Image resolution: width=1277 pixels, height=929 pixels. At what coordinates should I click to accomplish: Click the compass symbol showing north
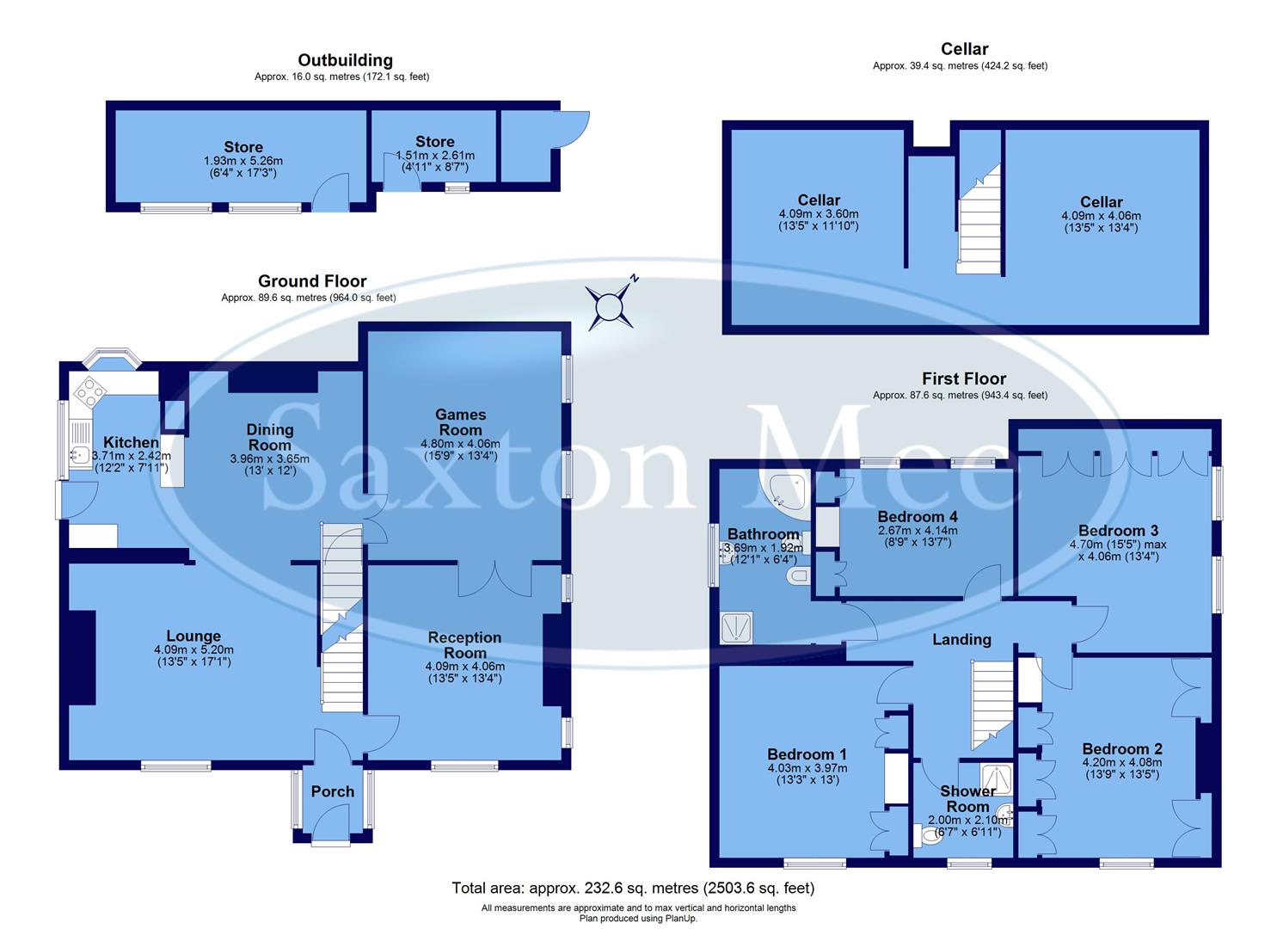pyautogui.click(x=611, y=306)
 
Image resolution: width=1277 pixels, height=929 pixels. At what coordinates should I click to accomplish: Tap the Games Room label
pyautogui.click(x=460, y=422)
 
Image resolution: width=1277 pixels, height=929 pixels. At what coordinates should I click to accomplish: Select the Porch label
pyautogui.click(x=332, y=791)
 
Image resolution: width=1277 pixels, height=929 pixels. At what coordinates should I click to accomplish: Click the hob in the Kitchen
pyautogui.click(x=89, y=392)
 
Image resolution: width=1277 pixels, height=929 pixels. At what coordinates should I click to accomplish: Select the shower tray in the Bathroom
pyautogui.click(x=736, y=627)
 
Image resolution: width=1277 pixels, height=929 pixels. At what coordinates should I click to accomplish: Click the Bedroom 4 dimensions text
pyautogui.click(x=917, y=537)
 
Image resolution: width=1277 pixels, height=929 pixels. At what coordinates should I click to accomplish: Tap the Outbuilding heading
pyautogui.click(x=345, y=60)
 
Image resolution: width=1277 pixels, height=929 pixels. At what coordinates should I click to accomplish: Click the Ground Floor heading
pyautogui.click(x=312, y=281)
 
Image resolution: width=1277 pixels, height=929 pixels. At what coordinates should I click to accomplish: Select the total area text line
pyautogui.click(x=633, y=888)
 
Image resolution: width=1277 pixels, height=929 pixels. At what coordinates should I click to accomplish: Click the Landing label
pyautogui.click(x=961, y=639)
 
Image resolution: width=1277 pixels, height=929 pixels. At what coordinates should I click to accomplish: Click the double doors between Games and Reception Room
pyautogui.click(x=494, y=579)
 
